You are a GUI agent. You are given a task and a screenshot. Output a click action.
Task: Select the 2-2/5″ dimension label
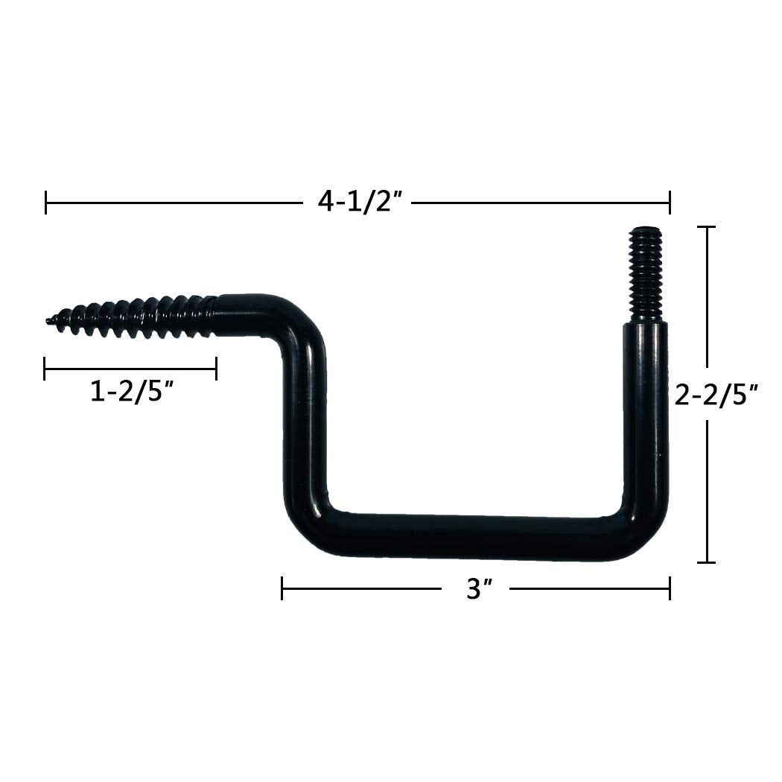716,394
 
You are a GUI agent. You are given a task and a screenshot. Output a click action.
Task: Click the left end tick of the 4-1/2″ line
46,202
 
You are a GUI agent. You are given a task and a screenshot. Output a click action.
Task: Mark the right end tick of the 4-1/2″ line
670,202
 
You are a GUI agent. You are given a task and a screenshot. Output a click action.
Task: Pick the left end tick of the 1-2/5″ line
45,368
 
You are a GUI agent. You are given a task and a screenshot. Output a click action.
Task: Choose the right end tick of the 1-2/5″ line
216,368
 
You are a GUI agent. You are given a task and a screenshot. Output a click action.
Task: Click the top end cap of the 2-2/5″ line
705,227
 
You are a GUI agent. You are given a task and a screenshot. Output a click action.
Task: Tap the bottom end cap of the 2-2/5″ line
705,562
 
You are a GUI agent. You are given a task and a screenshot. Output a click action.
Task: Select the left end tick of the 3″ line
282,588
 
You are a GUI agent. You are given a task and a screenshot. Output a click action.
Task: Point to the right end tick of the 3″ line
670,588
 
